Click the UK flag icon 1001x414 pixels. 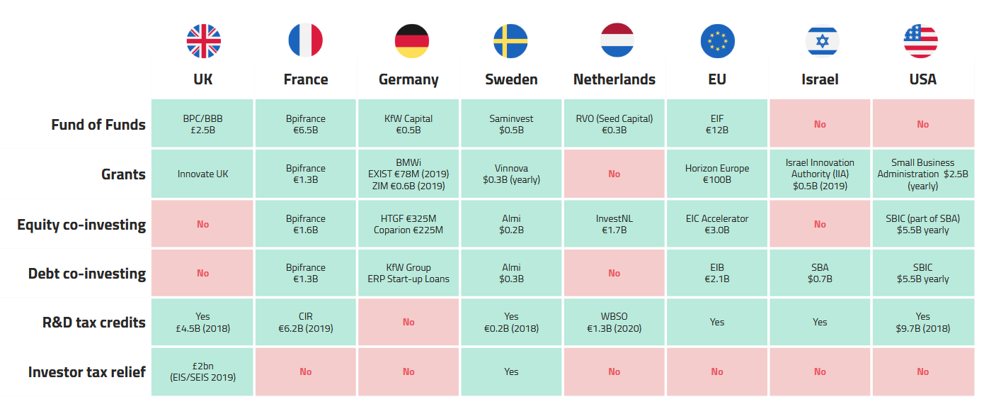pyautogui.click(x=203, y=40)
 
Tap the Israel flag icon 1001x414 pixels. pyautogui.click(x=822, y=40)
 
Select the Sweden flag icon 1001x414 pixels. pyautogui.click(x=510, y=40)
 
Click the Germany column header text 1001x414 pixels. pyautogui.click(x=408, y=79)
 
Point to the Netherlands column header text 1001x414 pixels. pyautogui.click(x=614, y=79)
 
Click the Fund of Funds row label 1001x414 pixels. pyautogui.click(x=98, y=125)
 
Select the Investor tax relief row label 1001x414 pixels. pyautogui.click(x=87, y=371)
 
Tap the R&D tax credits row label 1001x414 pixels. pyautogui.click(x=94, y=323)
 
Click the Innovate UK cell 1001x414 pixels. pyautogui.click(x=203, y=174)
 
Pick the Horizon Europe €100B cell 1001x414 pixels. pyautogui.click(x=717, y=174)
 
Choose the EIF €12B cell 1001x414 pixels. pyautogui.click(x=717, y=124)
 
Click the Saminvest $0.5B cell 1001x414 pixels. pyautogui.click(x=511, y=124)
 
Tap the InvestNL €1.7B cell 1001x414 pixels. pyautogui.click(x=614, y=224)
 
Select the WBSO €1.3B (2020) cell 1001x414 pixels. pyautogui.click(x=614, y=322)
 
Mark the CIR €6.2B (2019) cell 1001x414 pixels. pyautogui.click(x=306, y=322)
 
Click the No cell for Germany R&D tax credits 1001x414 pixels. pyautogui.click(x=408, y=322)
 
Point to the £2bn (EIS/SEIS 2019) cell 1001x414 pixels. pyautogui.click(x=203, y=371)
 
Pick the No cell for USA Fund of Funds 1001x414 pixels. pyautogui.click(x=923, y=124)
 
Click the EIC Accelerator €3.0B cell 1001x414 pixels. pyautogui.click(x=717, y=224)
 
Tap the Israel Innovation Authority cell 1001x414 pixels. pyautogui.click(x=820, y=174)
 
